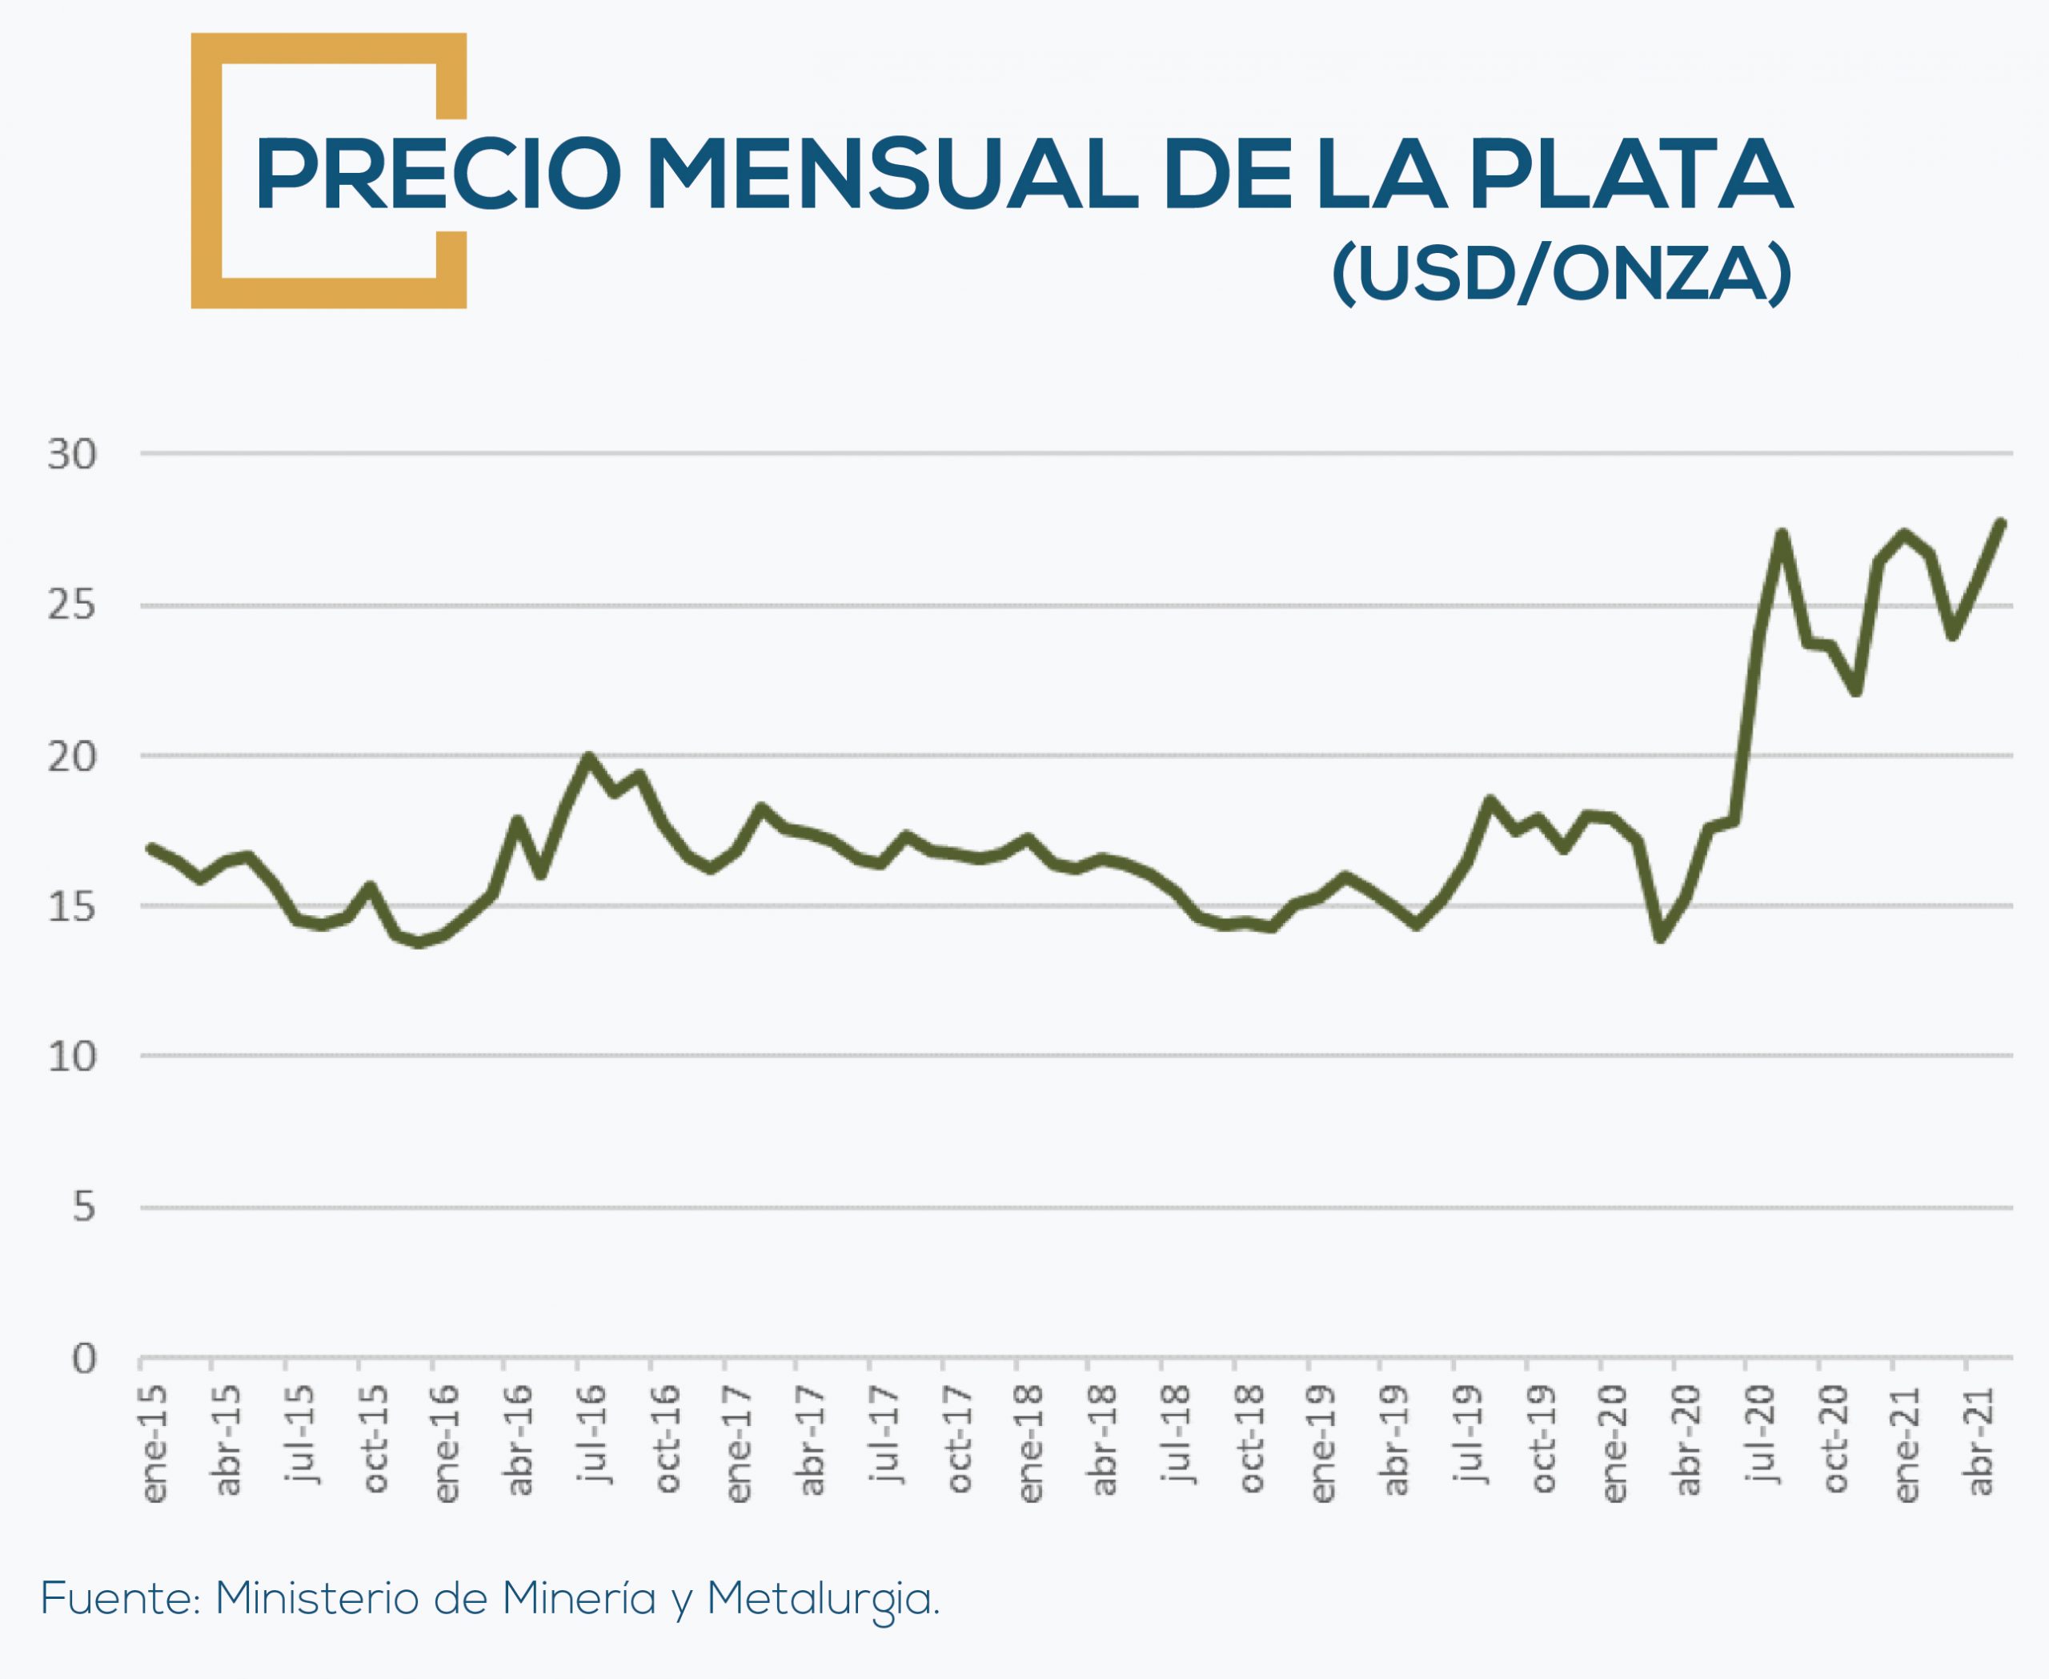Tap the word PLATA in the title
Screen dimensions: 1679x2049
[1631, 175]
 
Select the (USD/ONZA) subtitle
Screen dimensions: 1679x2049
[1562, 275]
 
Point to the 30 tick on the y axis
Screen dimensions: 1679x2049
[73, 455]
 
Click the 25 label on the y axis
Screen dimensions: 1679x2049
[73, 606]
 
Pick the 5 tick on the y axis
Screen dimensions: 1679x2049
[84, 1207]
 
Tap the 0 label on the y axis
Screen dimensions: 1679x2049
[84, 1359]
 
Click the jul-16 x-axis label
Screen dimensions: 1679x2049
[591, 1433]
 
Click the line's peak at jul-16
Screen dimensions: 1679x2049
[589, 757]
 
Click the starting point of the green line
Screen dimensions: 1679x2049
[150, 847]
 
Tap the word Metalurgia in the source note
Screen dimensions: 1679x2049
[823, 1600]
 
